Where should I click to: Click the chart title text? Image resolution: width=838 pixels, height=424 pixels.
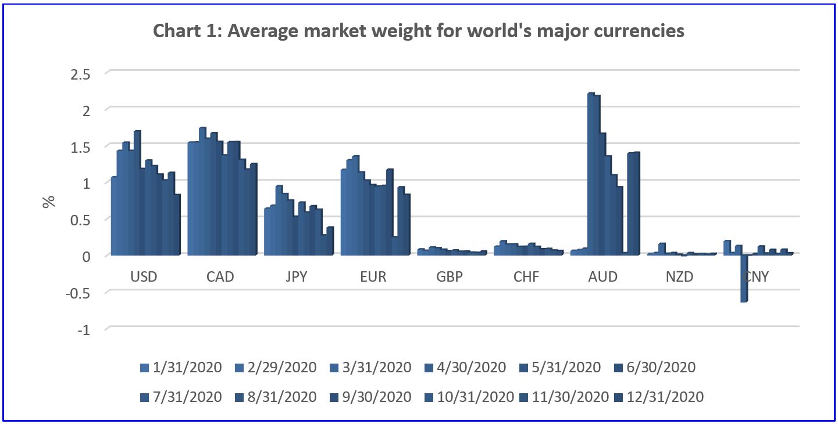point(419,31)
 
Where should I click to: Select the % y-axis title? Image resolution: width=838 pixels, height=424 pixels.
point(49,201)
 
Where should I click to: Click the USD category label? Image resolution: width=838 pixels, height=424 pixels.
point(144,277)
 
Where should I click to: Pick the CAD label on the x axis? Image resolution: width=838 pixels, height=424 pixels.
point(220,277)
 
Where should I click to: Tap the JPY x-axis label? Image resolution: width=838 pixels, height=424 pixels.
point(297,277)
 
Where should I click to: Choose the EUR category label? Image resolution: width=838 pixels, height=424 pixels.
point(373,277)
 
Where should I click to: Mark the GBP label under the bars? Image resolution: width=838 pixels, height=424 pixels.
point(450,277)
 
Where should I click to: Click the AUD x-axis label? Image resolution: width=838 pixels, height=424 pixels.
point(603,277)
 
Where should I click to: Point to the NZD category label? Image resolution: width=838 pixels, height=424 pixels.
point(680,277)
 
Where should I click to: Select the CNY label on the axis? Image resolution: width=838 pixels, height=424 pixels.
point(756,277)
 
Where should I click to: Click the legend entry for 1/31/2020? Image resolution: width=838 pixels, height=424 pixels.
point(181,368)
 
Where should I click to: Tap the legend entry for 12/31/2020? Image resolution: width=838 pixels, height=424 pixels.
point(664,397)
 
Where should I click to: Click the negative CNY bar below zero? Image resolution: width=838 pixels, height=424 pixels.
point(743,279)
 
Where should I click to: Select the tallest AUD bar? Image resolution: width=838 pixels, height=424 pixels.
point(590,174)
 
